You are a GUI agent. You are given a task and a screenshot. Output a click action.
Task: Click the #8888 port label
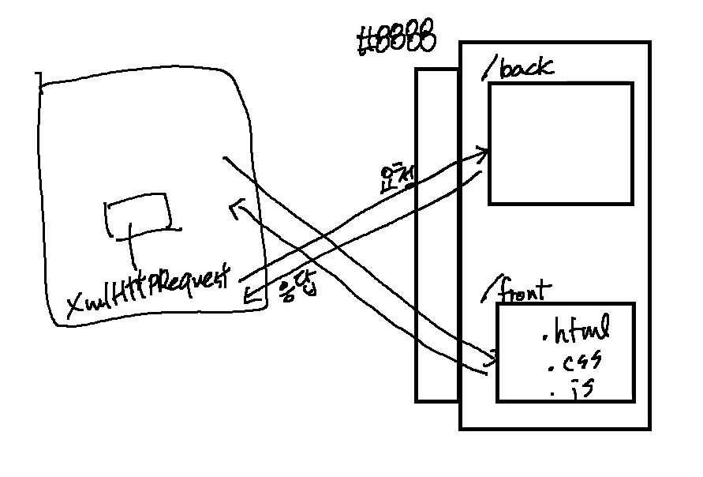395,40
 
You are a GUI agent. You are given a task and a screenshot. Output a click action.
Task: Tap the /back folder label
516,68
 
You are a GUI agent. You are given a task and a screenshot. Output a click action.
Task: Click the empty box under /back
560,143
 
